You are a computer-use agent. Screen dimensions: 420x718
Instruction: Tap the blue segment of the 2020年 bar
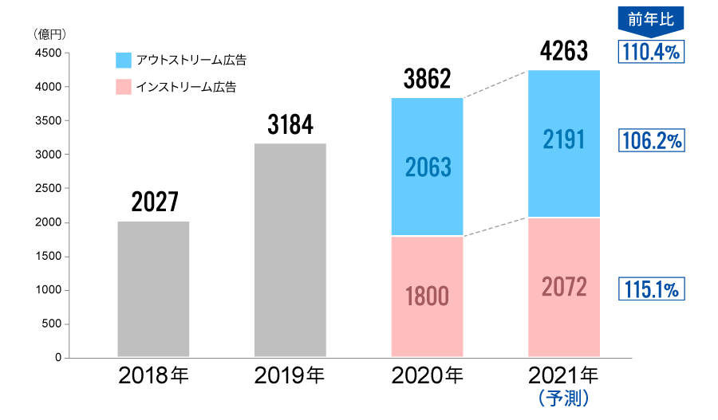point(428,167)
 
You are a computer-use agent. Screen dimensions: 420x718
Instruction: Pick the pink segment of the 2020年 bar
point(428,296)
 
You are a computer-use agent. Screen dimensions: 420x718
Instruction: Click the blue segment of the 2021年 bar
point(564,143)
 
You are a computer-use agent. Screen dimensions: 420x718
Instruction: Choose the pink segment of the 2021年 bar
point(564,286)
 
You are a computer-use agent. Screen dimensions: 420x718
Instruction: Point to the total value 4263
point(564,53)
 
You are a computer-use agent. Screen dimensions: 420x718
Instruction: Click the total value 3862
point(428,79)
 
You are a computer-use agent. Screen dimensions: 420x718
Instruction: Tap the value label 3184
point(290,125)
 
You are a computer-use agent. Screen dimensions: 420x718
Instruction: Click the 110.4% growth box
point(652,53)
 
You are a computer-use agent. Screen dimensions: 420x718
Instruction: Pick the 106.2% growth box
point(652,141)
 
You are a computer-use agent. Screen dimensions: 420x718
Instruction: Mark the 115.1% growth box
point(652,289)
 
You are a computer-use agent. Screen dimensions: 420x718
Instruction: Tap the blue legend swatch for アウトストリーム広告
point(123,61)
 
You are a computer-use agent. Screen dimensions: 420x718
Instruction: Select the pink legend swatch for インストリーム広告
point(123,86)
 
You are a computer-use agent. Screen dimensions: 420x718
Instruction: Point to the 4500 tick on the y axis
point(47,53)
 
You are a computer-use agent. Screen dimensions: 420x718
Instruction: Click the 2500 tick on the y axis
point(47,188)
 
